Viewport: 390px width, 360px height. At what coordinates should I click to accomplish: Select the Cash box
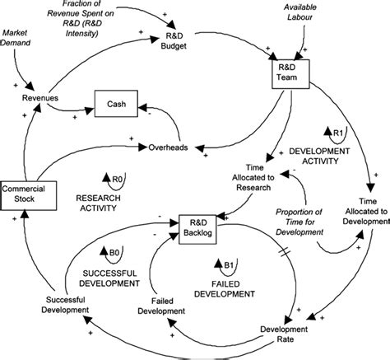point(113,104)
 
